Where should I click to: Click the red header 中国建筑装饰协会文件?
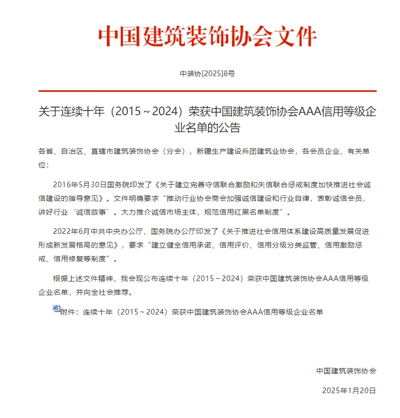207,36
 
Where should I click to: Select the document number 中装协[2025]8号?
207,74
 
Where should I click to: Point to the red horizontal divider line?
207,91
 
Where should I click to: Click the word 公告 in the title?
229,128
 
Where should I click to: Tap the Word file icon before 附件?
56,308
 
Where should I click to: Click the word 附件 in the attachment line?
67,312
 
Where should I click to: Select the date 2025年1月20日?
349,391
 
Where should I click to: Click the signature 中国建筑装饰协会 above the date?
346,371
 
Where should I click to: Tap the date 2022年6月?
71,232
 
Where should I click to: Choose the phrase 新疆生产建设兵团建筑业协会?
245,151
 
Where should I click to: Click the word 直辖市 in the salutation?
101,151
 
